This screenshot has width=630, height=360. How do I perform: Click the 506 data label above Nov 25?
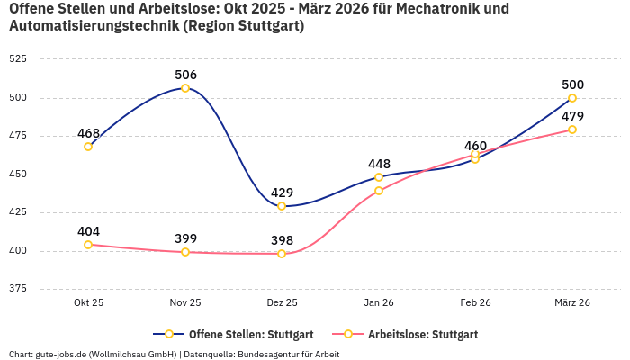(x=185, y=75)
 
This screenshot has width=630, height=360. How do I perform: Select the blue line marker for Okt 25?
(x=88, y=147)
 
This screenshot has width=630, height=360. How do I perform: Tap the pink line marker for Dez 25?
(x=282, y=254)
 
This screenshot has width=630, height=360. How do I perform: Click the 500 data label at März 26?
(x=572, y=85)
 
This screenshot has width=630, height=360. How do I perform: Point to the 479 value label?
(x=572, y=116)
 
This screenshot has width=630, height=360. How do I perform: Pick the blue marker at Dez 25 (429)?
(x=282, y=206)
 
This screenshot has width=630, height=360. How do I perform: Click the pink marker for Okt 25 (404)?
(x=88, y=245)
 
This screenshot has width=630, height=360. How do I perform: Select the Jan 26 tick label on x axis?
(x=379, y=302)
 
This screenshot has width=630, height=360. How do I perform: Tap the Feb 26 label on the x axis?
(x=475, y=302)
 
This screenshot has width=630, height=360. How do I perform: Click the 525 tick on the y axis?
(x=18, y=58)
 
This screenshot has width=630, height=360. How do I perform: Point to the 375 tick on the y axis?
(x=18, y=289)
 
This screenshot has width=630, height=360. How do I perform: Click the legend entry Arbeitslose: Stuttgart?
(x=422, y=334)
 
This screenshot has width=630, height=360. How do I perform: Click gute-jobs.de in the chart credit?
(x=61, y=354)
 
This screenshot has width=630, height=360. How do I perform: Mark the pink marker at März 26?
(x=572, y=130)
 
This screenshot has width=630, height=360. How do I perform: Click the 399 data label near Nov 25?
(x=185, y=238)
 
